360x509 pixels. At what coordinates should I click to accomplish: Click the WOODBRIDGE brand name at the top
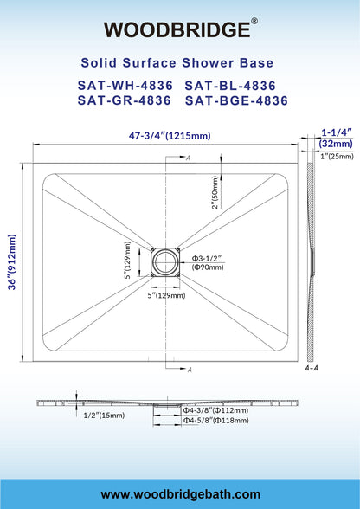click(177, 29)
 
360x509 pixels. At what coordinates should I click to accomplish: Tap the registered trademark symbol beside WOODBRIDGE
click(254, 21)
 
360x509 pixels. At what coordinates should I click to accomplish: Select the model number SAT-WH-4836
click(125, 86)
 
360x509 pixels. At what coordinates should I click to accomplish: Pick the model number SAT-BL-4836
click(230, 86)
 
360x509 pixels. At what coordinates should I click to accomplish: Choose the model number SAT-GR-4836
click(125, 100)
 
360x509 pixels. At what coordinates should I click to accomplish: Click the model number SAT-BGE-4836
click(236, 100)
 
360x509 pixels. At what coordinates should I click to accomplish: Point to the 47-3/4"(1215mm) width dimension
click(170, 135)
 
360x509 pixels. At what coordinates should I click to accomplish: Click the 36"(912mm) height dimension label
click(12, 261)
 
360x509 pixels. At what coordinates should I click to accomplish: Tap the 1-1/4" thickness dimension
click(337, 132)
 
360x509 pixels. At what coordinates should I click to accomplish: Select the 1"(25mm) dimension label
click(337, 157)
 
